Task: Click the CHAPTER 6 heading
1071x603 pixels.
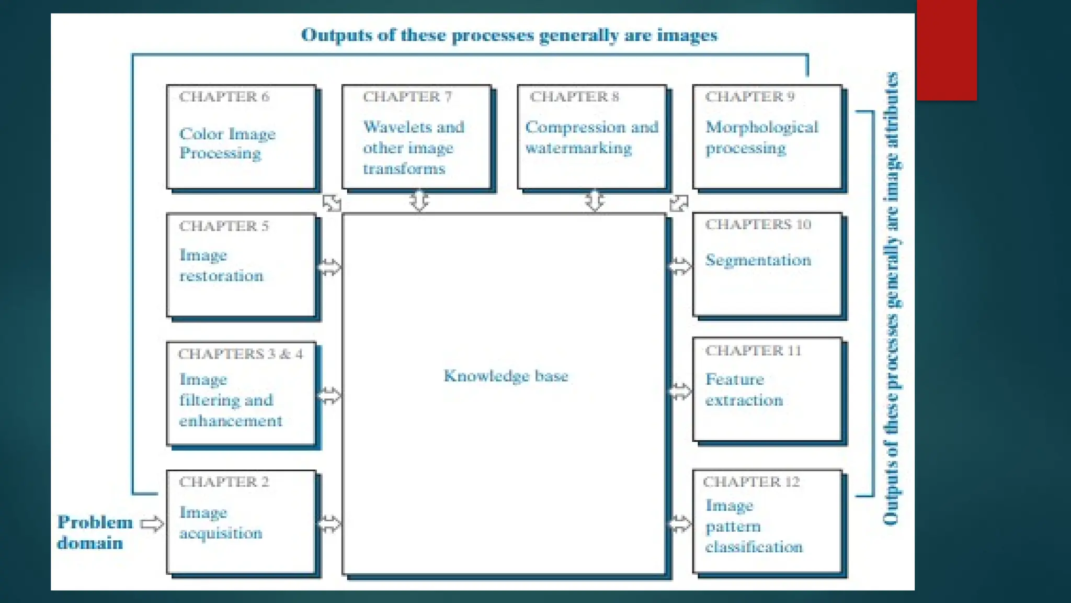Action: pos(224,97)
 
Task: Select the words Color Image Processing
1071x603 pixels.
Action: pos(227,143)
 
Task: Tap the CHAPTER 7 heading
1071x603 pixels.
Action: pos(407,97)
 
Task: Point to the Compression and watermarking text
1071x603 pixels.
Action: pos(591,137)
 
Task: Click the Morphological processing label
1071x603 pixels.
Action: pos(761,137)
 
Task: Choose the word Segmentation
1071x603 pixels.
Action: pos(758,260)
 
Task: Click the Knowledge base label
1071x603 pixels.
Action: pos(506,376)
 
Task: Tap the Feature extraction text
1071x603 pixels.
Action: pos(744,390)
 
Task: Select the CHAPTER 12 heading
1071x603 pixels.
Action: pos(751,482)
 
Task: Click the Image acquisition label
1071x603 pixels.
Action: pos(221,522)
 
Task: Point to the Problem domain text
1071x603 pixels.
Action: pos(95,532)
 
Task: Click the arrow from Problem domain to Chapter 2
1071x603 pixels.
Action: pos(152,523)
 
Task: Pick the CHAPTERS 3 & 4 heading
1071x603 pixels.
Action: pos(240,354)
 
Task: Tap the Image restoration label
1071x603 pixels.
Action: pos(221,265)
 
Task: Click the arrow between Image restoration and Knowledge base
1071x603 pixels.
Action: pos(329,267)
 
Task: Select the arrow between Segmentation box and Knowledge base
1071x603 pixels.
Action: pos(680,266)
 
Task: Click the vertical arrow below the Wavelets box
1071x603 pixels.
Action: pos(419,200)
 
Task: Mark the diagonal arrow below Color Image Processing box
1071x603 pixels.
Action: pos(332,203)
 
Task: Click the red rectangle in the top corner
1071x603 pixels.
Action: pos(947,50)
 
